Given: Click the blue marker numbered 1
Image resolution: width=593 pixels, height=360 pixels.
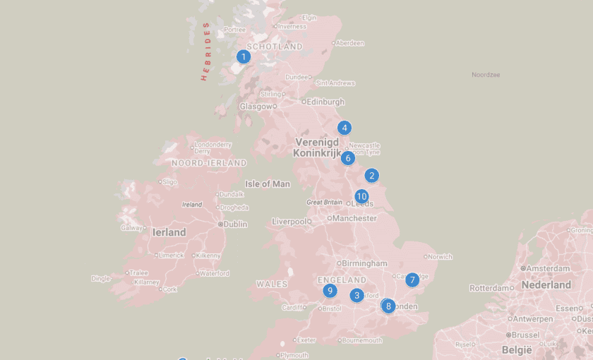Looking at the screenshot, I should [x=244, y=56].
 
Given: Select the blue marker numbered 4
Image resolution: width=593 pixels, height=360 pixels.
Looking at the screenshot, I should [x=344, y=128].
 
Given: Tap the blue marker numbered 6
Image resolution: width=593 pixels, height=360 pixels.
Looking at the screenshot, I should [x=348, y=157].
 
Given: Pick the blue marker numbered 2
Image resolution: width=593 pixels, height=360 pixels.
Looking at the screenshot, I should [x=372, y=176].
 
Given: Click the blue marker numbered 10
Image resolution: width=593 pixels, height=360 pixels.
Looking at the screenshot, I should [x=361, y=196].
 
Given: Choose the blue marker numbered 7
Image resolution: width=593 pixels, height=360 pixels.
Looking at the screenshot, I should [x=412, y=280].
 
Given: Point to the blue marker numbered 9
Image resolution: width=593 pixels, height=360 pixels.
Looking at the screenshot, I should [x=330, y=290].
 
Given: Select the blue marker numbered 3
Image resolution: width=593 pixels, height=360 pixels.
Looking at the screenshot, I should [x=357, y=295].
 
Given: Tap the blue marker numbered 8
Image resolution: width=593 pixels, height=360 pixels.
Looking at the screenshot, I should [x=388, y=306].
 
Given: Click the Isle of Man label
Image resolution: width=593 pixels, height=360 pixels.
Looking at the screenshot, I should [x=268, y=184].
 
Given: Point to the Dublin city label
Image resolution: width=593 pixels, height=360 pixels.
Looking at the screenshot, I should [x=235, y=224].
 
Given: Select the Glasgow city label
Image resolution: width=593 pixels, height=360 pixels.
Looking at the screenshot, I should [x=255, y=107].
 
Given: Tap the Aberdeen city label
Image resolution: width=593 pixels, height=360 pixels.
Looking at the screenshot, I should [x=350, y=43].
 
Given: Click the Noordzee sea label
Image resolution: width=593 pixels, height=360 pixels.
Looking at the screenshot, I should [x=486, y=74].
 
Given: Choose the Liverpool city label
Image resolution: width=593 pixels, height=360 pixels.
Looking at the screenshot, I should [x=289, y=222].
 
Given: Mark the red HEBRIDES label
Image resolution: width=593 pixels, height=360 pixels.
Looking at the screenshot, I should [x=206, y=52].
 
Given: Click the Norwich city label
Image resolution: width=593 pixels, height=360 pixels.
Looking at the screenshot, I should [x=439, y=257].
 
